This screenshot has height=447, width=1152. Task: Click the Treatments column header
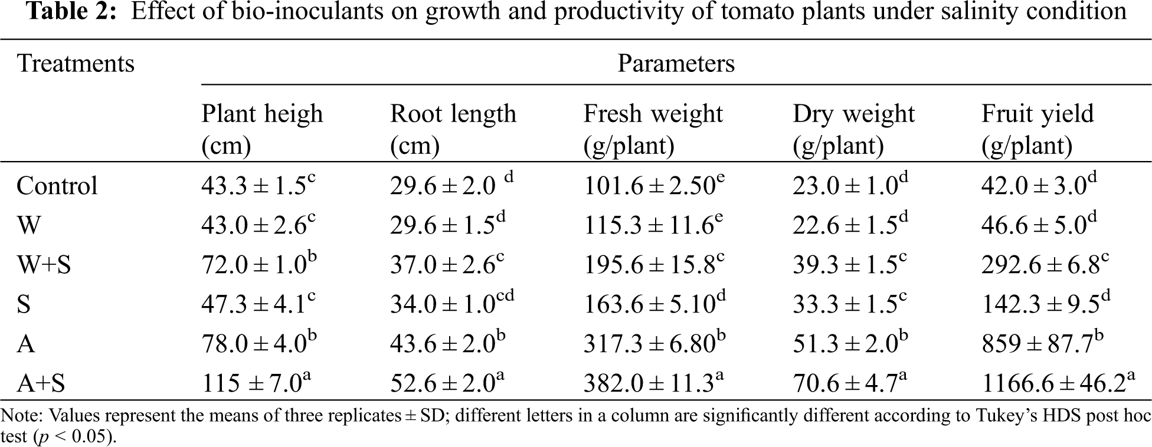pos(76,63)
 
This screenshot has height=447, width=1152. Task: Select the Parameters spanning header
pos(676,63)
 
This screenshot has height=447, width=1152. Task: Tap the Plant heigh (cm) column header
pos(262,129)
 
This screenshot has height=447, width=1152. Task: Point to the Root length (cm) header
pos(453,129)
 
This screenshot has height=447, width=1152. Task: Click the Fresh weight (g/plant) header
pos(653,129)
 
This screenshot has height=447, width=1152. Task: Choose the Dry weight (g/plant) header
pos(853,129)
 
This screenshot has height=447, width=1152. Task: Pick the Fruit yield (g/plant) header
pos(1037,129)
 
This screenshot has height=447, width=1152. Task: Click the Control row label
pos(57,186)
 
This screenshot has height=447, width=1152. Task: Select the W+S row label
pos(44,265)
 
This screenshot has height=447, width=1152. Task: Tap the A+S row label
pos(41,384)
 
